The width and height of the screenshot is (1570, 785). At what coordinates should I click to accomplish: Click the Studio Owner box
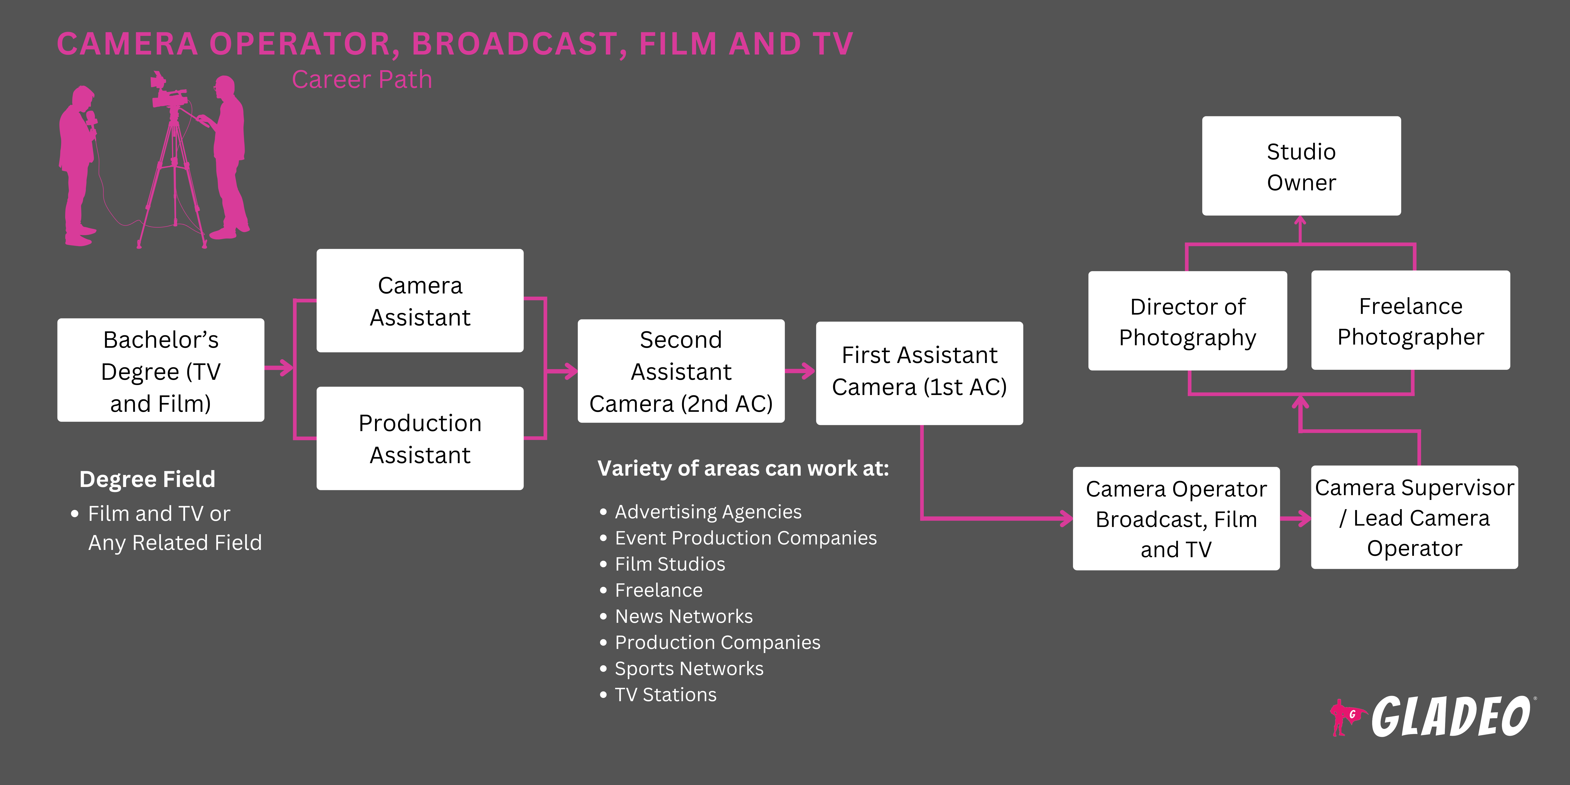(x=1301, y=166)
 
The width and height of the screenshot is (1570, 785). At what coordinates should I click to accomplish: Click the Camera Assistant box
(x=420, y=301)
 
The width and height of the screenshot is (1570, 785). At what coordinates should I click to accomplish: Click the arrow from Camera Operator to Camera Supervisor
(x=1296, y=519)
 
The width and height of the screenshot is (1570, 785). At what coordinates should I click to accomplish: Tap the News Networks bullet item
(x=684, y=616)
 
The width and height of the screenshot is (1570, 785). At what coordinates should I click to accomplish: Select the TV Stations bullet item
(x=666, y=695)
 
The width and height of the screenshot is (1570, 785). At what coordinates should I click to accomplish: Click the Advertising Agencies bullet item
(x=708, y=512)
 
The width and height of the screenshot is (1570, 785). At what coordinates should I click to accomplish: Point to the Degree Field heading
(x=147, y=479)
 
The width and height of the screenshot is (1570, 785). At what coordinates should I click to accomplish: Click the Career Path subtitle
(x=362, y=80)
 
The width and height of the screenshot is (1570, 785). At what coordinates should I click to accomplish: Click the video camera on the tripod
(x=168, y=94)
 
